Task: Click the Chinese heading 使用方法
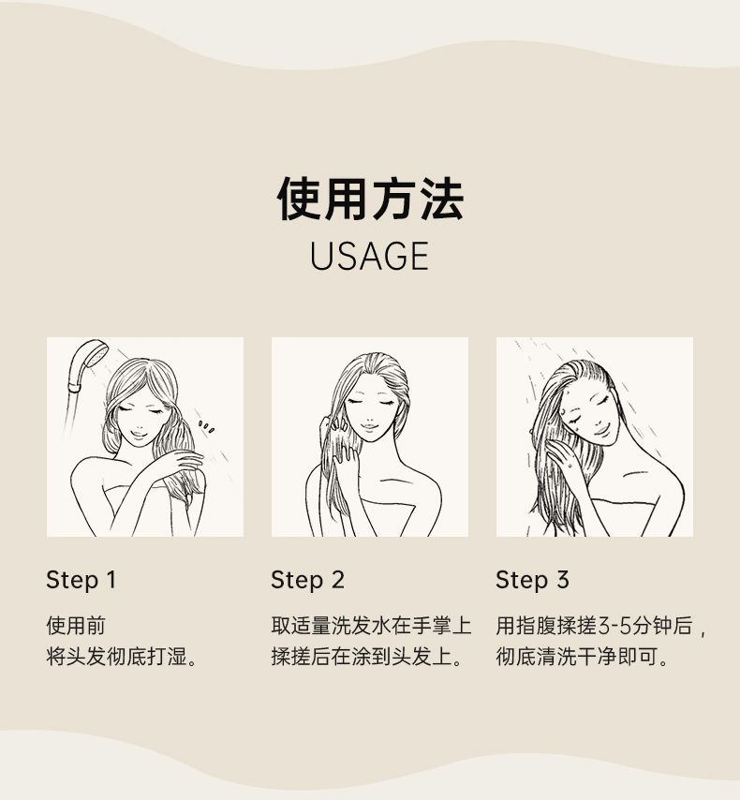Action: click(370, 199)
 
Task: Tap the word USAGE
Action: click(369, 256)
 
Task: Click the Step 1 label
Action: click(81, 580)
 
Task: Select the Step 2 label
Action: click(307, 580)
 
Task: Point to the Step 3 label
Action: click(532, 580)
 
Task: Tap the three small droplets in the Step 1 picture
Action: click(206, 426)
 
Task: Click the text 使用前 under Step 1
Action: click(76, 626)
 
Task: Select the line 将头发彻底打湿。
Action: click(122, 656)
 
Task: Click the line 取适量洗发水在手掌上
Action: click(371, 626)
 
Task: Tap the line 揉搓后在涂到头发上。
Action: click(366, 656)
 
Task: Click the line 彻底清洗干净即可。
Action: click(583, 656)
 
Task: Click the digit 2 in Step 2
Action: click(337, 580)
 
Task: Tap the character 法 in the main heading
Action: click(441, 199)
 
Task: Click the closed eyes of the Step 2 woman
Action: click(370, 402)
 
